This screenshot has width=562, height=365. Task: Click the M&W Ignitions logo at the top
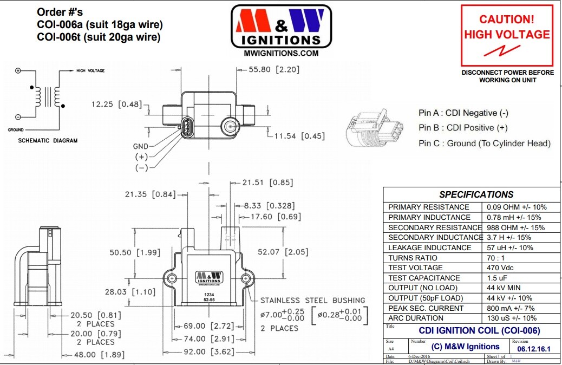pyautogui.click(x=280, y=27)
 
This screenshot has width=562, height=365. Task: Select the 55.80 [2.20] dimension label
pyautogui.click(x=274, y=70)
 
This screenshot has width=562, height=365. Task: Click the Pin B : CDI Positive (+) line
pyautogui.click(x=463, y=128)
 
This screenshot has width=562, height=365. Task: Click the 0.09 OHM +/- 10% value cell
pyautogui.click(x=517, y=207)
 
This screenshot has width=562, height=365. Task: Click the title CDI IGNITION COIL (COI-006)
pyautogui.click(x=479, y=330)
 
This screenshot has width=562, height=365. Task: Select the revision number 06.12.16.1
pyautogui.click(x=533, y=349)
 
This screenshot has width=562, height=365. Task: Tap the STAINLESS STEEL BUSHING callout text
pyautogui.click(x=312, y=300)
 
